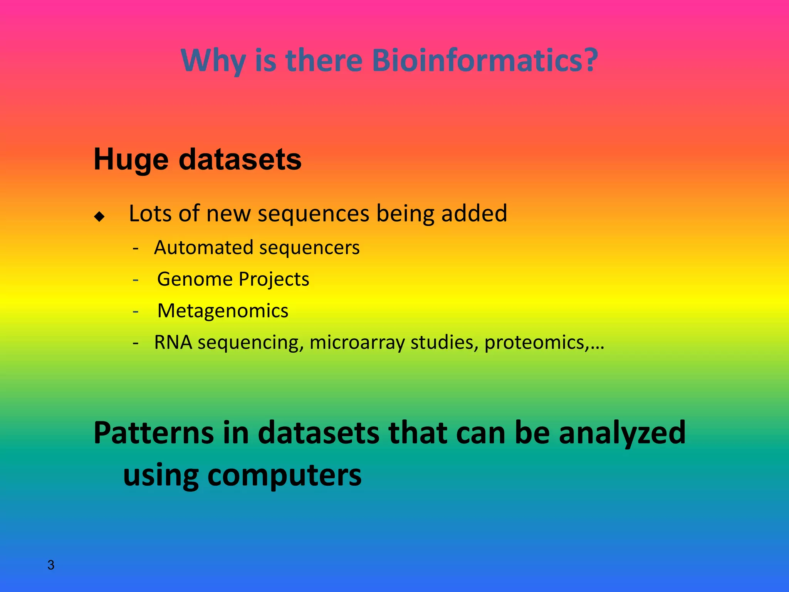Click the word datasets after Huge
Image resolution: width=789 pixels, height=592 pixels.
(240, 159)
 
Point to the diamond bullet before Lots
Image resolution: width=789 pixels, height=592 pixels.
(99, 217)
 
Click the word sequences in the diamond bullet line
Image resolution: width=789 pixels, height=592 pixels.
(313, 214)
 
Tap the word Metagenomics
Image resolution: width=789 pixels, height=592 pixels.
(223, 311)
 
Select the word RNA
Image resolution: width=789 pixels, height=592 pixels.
(173, 342)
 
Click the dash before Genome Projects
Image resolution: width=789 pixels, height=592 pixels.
(135, 279)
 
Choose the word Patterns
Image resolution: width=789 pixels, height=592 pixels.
(153, 433)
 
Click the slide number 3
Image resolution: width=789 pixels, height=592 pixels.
(51, 565)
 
